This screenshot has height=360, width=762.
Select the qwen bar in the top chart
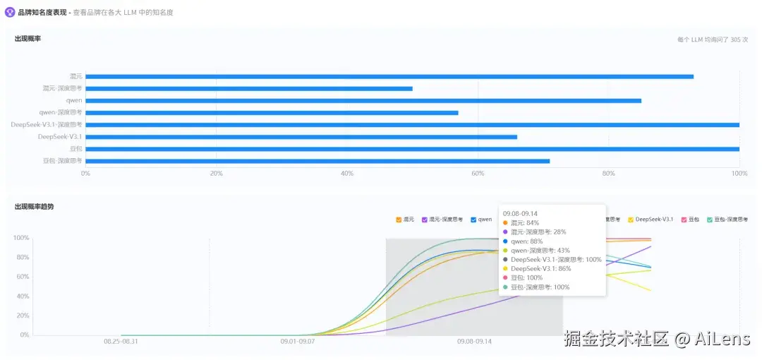(x=363, y=100)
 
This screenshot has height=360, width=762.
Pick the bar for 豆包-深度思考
(x=317, y=161)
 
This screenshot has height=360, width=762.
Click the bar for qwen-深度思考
(x=272, y=112)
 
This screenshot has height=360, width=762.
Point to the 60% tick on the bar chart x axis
(x=478, y=174)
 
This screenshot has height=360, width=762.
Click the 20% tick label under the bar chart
(x=216, y=174)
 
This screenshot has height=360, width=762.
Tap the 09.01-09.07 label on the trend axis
(x=297, y=341)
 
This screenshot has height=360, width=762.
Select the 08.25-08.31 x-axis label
(x=121, y=341)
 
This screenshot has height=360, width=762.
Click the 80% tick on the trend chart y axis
(x=20, y=257)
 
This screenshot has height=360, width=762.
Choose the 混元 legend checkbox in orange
(x=399, y=220)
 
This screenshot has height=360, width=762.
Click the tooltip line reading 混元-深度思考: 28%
(x=538, y=232)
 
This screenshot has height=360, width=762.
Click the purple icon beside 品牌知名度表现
(x=10, y=12)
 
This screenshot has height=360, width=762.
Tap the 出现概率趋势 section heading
(x=34, y=207)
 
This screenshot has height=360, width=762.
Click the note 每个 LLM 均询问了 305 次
(x=712, y=40)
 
